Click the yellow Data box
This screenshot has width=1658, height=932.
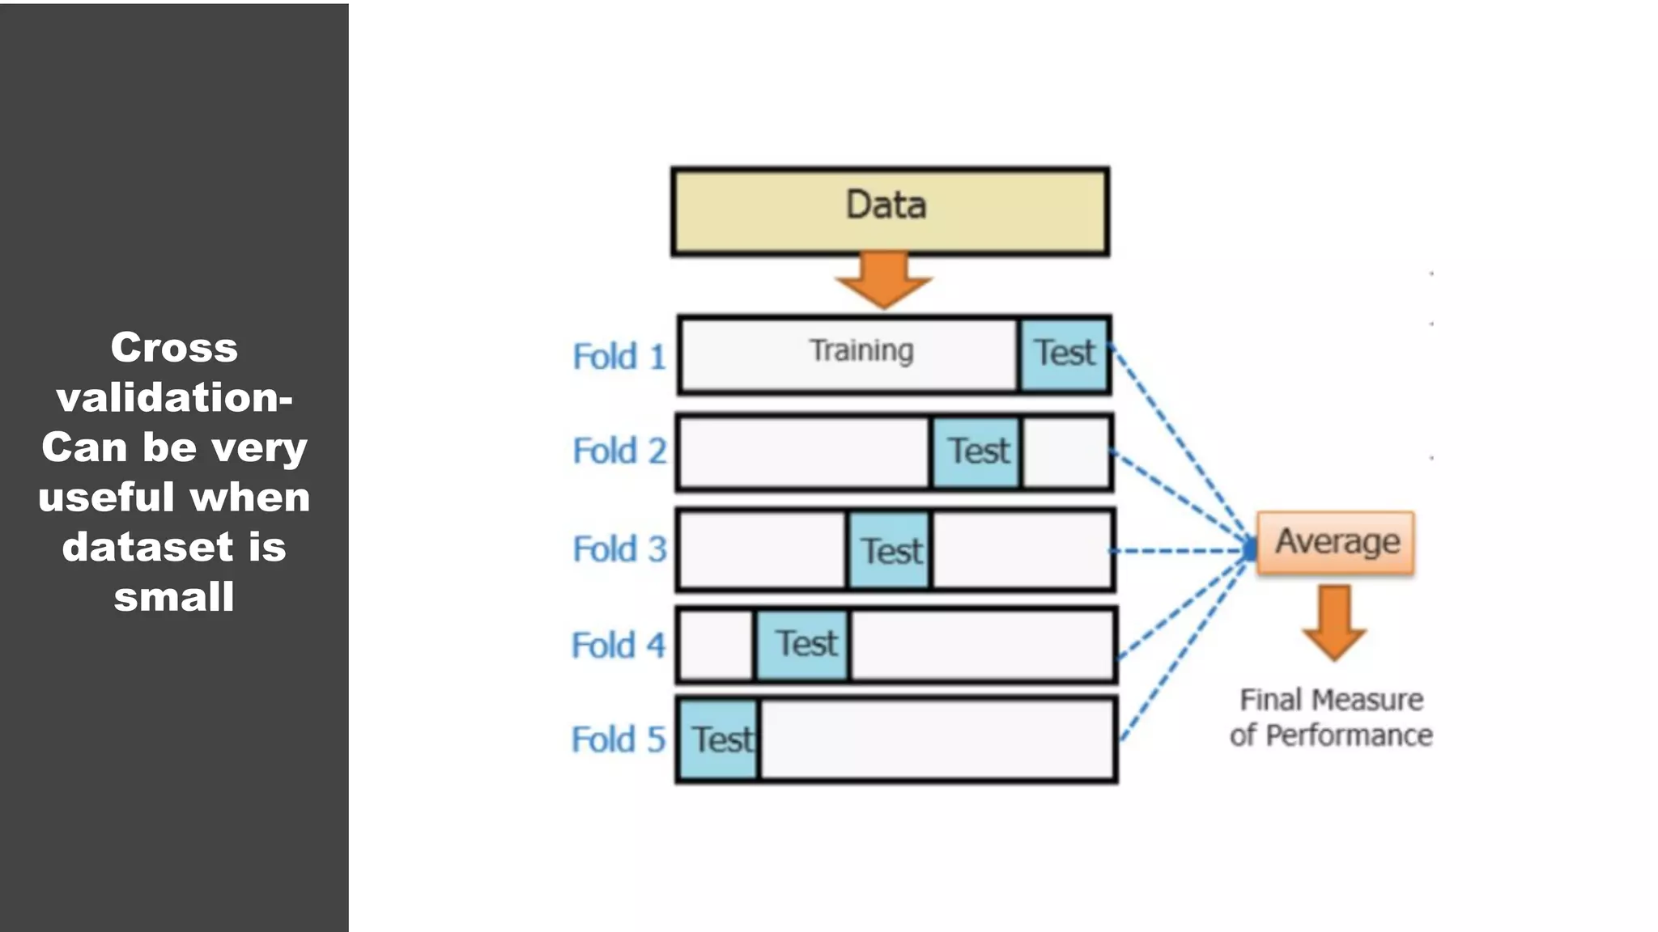click(890, 212)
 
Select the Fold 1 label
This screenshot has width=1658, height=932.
click(619, 357)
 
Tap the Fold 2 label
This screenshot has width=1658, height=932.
click(619, 451)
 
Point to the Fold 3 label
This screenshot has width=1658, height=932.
click(619, 549)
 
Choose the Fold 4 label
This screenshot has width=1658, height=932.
click(618, 646)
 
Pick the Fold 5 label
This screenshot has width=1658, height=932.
click(618, 739)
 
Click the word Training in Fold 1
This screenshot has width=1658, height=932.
click(861, 351)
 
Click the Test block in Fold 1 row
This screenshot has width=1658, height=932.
click(1064, 354)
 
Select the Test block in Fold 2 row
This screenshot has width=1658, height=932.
click(977, 452)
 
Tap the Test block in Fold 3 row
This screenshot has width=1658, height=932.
click(890, 551)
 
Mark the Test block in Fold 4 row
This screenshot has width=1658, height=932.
click(804, 645)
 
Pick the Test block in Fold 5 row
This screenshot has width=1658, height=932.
click(719, 739)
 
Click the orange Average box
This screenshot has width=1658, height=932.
click(1336, 542)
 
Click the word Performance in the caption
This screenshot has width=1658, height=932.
click(1349, 735)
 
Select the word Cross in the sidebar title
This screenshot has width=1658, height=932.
click(174, 348)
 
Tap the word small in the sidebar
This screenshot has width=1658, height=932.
click(174, 597)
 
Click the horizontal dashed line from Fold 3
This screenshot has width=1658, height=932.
click(1178, 551)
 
